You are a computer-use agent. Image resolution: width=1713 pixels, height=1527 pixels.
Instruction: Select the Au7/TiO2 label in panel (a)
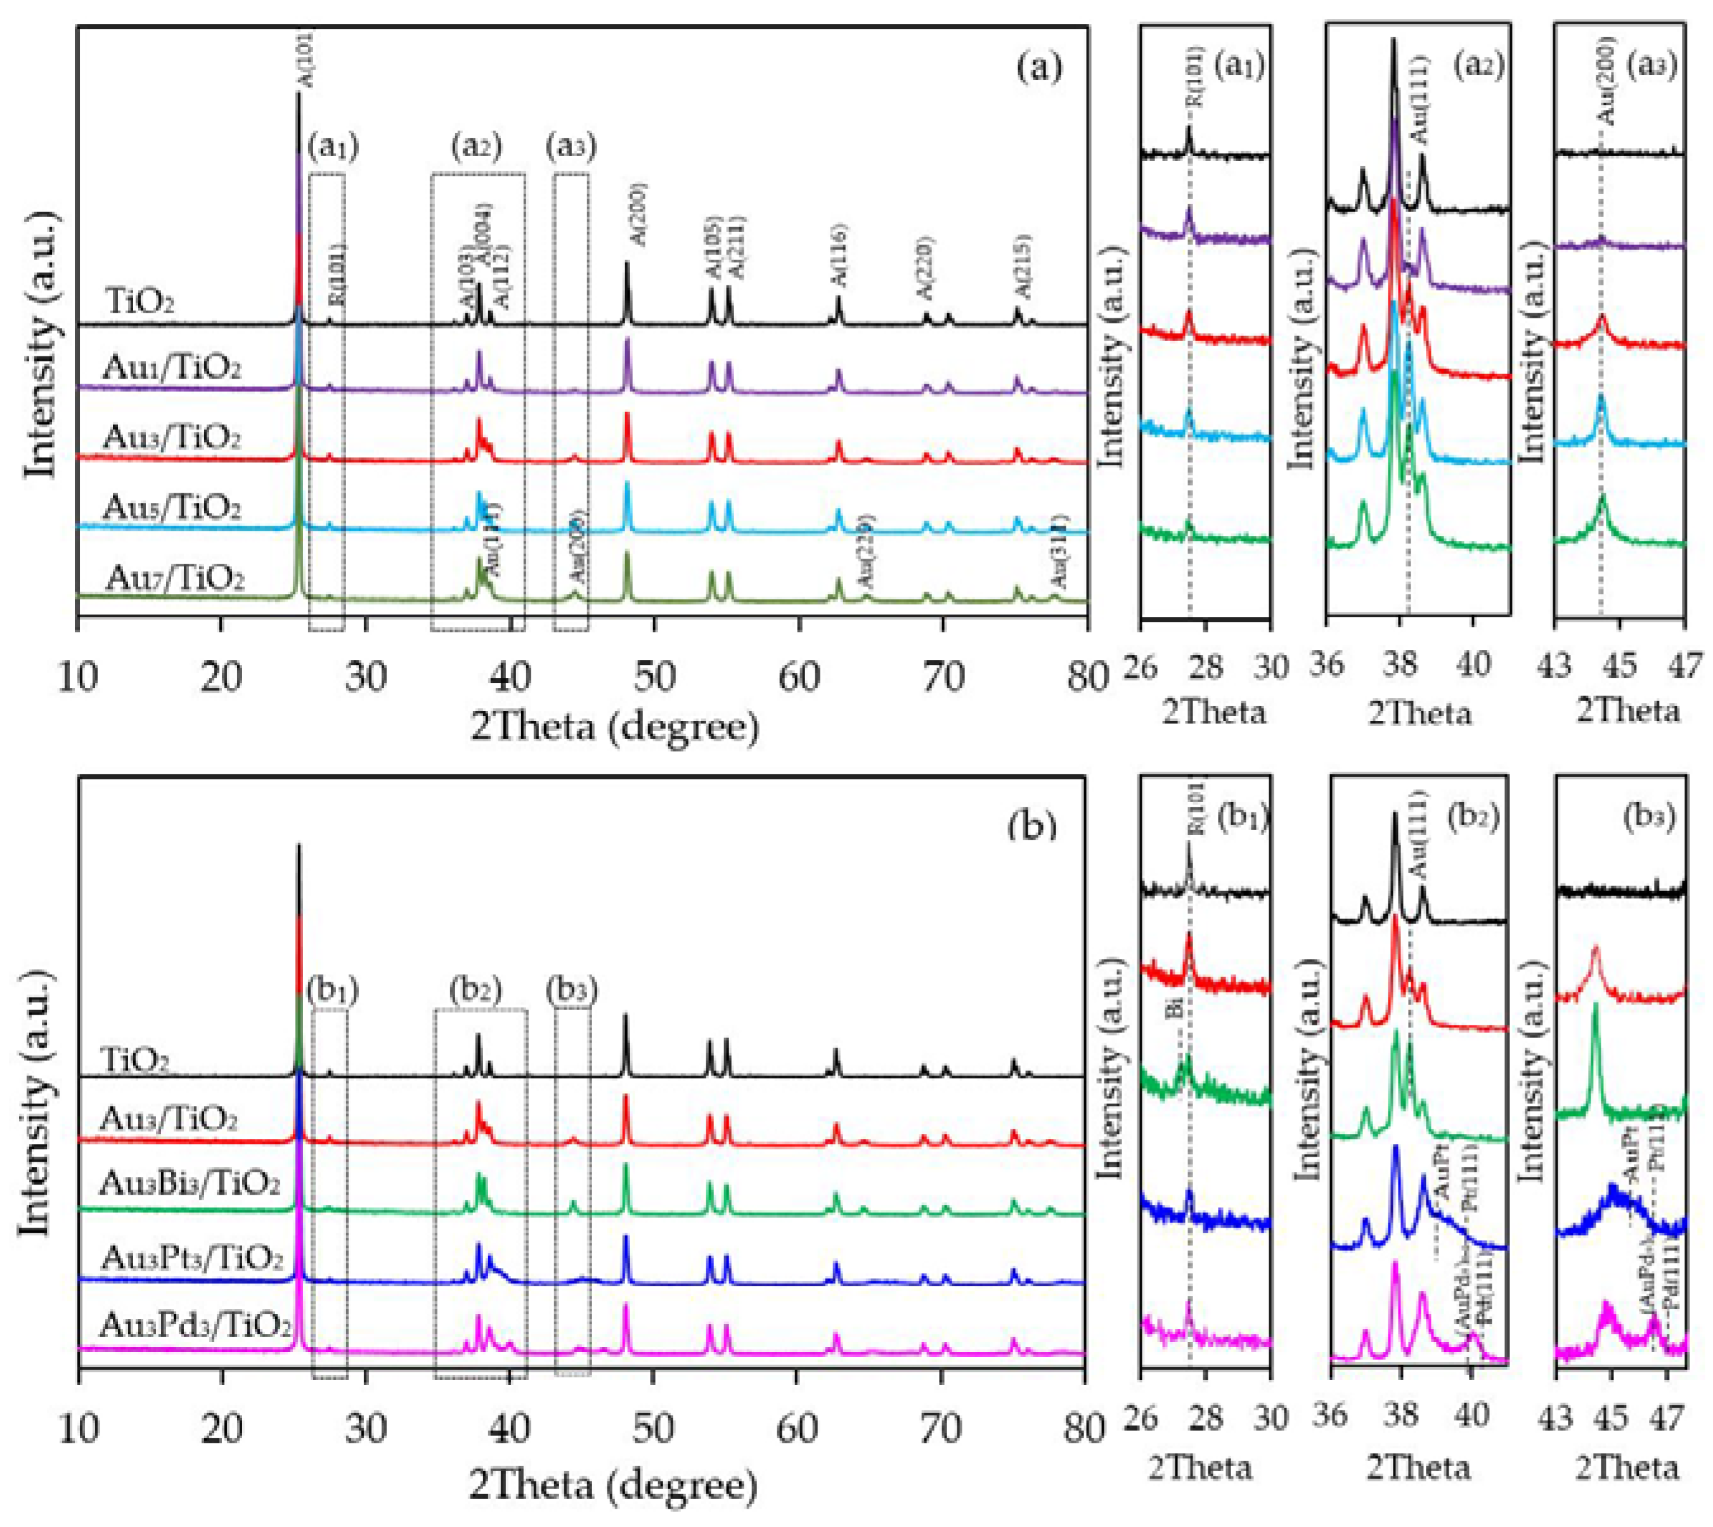(174, 578)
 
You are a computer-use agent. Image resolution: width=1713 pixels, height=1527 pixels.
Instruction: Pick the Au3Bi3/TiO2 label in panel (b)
(189, 1184)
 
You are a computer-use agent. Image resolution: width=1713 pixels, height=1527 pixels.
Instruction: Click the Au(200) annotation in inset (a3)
(1606, 93)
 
